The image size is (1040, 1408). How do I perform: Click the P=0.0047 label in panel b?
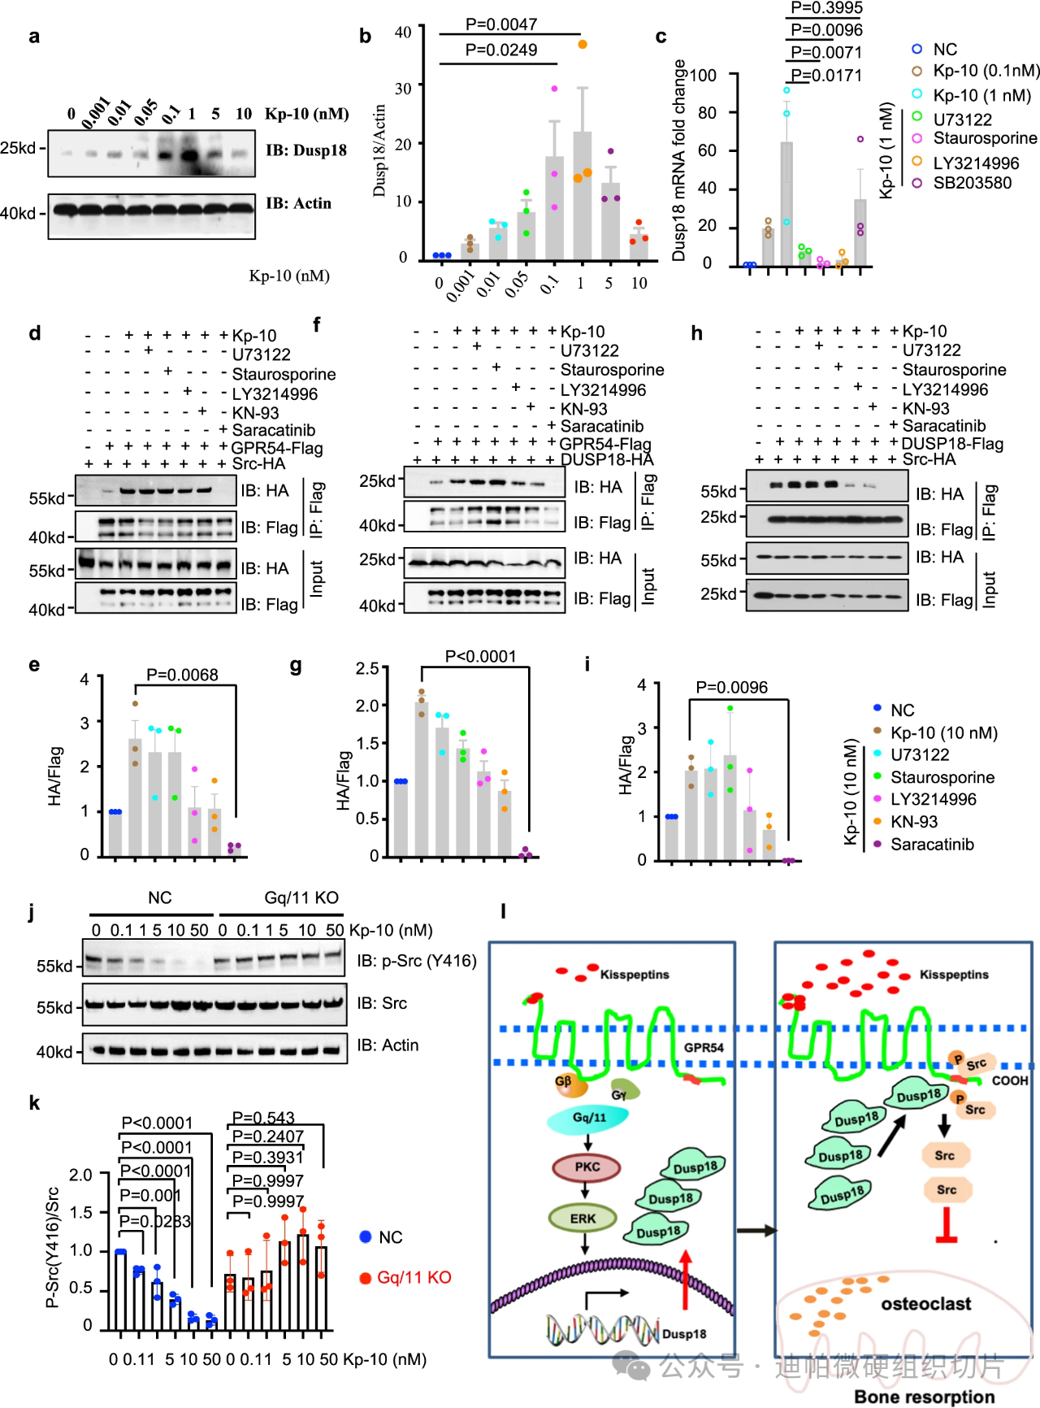[500, 24]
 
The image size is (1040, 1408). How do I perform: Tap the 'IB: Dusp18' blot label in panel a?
[306, 150]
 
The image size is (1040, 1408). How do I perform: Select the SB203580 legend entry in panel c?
[972, 183]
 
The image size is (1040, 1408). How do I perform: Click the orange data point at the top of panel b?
[583, 44]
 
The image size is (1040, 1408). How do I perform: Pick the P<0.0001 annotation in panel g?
[480, 656]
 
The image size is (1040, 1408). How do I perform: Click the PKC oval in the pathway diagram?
[587, 1167]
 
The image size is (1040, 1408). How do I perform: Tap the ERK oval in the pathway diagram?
[583, 1219]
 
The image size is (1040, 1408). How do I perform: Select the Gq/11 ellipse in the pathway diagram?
[588, 1119]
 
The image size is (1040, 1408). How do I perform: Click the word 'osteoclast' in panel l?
[925, 1304]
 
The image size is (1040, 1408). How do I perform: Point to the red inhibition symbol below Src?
[946, 1227]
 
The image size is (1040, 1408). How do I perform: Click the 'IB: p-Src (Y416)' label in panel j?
[416, 962]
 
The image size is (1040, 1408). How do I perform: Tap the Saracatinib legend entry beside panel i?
[931, 845]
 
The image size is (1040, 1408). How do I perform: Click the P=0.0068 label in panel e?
[182, 675]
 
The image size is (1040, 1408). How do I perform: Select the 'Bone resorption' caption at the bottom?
[925, 1397]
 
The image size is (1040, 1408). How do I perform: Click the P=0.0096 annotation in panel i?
[731, 688]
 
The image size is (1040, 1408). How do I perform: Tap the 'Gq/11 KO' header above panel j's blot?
[301, 897]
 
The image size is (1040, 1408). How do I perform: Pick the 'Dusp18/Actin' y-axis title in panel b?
[379, 150]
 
